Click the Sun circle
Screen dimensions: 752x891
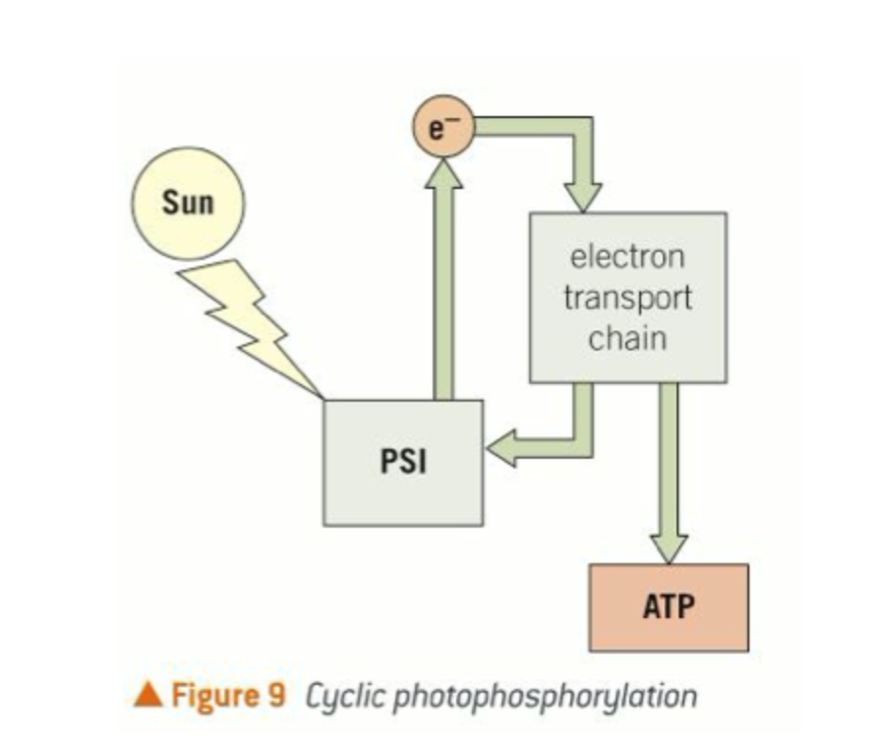(188, 205)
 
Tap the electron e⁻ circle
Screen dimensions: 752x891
(445, 130)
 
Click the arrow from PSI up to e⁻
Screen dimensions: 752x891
(445, 285)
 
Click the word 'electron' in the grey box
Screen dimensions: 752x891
(627, 258)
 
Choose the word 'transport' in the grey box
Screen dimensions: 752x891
(627, 297)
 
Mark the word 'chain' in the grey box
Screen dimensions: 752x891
(627, 339)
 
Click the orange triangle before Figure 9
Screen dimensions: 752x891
(148, 696)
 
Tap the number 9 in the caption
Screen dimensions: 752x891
(275, 696)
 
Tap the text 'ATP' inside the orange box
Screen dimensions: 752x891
(669, 606)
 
